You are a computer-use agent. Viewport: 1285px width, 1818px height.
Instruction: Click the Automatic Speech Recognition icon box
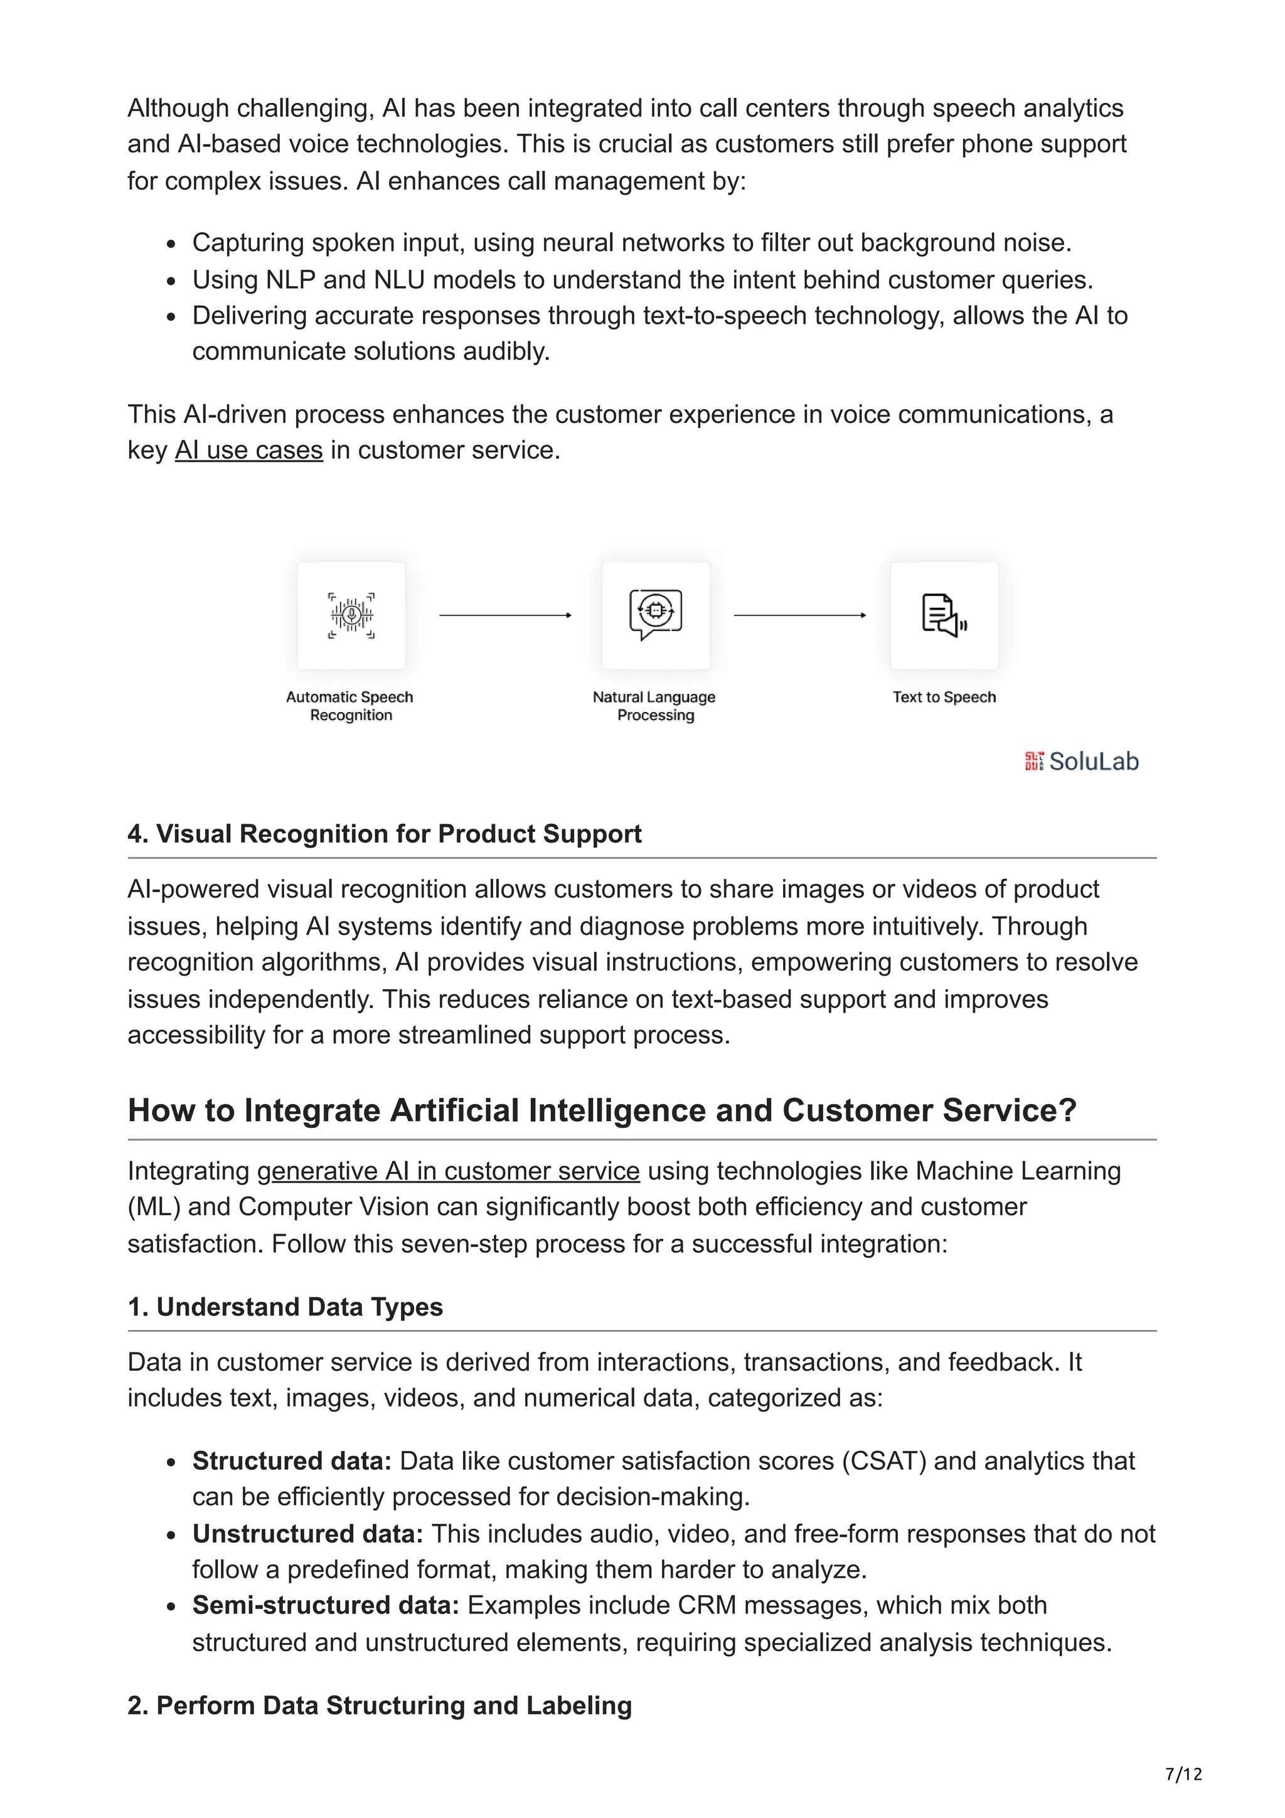(x=351, y=615)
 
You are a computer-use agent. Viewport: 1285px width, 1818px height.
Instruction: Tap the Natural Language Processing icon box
(x=656, y=615)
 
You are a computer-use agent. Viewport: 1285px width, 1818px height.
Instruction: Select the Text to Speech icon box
(x=944, y=615)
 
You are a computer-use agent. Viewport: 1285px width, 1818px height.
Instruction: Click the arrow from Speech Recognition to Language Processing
(x=505, y=615)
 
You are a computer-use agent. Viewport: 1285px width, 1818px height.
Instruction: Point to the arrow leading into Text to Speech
(x=799, y=615)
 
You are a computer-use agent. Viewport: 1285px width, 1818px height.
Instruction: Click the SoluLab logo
(x=1082, y=761)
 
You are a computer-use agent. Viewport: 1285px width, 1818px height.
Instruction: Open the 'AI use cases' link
(x=248, y=450)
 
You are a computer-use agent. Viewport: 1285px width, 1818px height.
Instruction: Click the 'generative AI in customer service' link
(x=448, y=1171)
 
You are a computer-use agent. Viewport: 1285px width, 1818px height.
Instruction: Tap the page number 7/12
(x=1183, y=1773)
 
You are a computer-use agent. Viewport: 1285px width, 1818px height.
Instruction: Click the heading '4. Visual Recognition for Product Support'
(x=384, y=834)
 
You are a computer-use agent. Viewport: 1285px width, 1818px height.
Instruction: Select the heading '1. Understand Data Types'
(x=285, y=1307)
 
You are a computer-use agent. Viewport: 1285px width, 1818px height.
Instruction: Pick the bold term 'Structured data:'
(x=291, y=1461)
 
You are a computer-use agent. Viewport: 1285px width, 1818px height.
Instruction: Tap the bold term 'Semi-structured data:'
(x=326, y=1606)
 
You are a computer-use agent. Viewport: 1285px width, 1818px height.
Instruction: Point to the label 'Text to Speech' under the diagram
(x=944, y=698)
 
